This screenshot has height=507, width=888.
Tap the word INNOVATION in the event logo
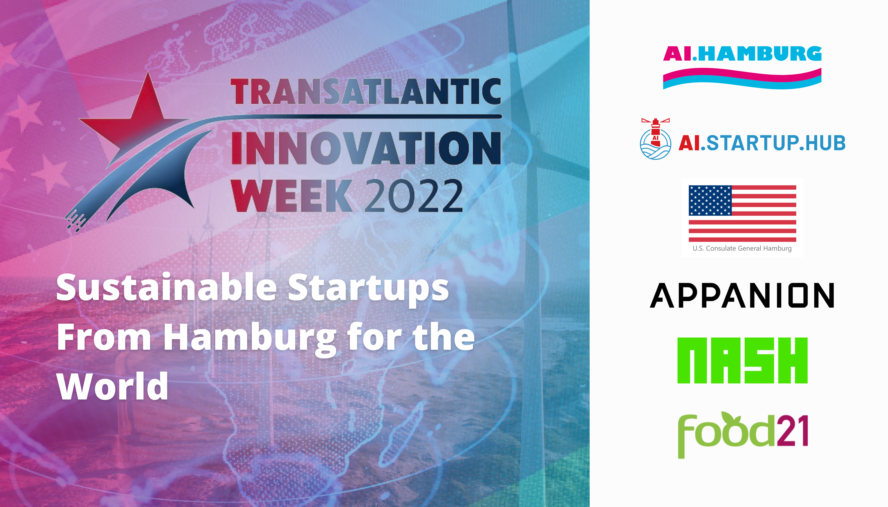(x=366, y=148)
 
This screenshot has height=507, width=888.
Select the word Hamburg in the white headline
(x=249, y=339)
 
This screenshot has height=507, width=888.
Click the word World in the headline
(x=112, y=386)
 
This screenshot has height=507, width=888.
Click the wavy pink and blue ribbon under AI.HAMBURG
(x=742, y=78)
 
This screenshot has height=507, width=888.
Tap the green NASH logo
(x=742, y=360)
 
